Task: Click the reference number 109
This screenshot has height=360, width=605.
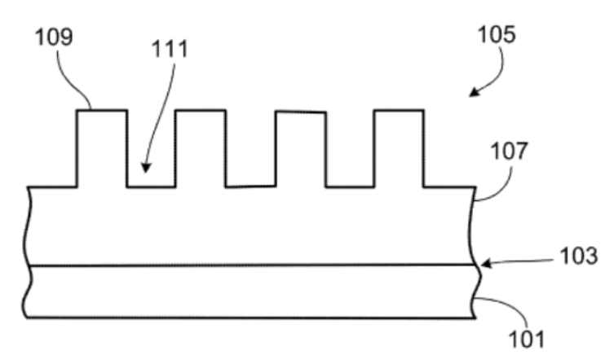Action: point(54,37)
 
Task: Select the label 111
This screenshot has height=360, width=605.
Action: point(170,49)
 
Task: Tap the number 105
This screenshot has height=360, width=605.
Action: point(497,34)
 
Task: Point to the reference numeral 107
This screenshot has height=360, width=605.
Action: point(509,151)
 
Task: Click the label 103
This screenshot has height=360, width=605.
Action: point(579,256)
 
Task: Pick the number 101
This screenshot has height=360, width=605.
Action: point(526,339)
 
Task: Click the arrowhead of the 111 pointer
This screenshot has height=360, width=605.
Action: point(146,168)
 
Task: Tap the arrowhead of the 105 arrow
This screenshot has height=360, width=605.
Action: point(475,92)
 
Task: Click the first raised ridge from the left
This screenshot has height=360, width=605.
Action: point(102,148)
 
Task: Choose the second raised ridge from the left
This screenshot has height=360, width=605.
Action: point(201,148)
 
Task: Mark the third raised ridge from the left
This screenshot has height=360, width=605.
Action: point(301,149)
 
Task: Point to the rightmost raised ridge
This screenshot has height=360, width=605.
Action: point(399,148)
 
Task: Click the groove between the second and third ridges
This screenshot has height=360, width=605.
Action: point(251,187)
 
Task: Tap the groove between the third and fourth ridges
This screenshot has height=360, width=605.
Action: point(350,187)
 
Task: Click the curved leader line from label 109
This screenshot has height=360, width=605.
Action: point(73,81)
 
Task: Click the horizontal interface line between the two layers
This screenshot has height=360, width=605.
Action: point(252,266)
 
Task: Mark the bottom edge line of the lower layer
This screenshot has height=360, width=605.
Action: point(251,318)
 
